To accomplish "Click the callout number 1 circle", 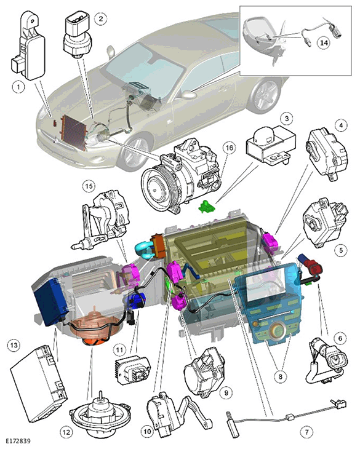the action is (x=18, y=87).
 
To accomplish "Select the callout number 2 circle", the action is (x=101, y=19).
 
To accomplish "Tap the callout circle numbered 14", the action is (x=324, y=42).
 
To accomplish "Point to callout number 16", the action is (x=230, y=148).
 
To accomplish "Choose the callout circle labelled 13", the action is (x=14, y=345).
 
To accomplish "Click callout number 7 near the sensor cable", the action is (x=306, y=432).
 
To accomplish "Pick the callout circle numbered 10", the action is (x=148, y=432).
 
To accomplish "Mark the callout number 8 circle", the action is (x=281, y=376).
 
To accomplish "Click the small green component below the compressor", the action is (x=207, y=206).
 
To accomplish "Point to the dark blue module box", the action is (x=50, y=301).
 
